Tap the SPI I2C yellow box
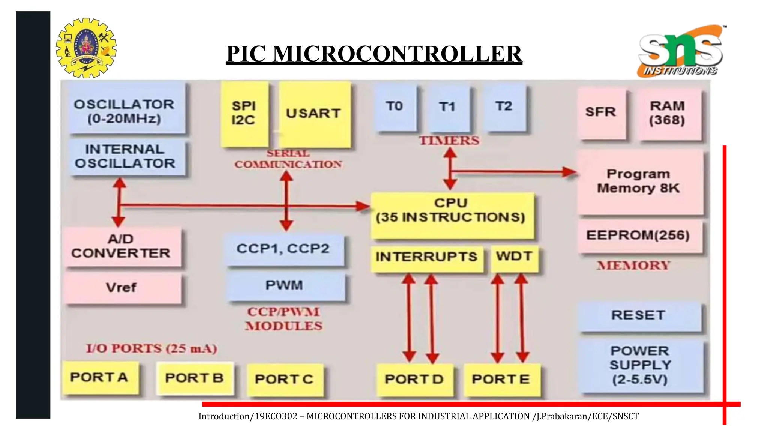tap(244, 114)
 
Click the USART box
tap(314, 114)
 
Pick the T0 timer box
tap(395, 108)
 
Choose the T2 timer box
tap(504, 108)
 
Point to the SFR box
tap(601, 113)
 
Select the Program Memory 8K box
tap(639, 181)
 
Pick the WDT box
tap(514, 258)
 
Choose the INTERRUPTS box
tap(427, 258)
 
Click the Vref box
tap(122, 288)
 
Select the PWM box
tap(285, 286)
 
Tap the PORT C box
tap(285, 379)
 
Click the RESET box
tap(639, 316)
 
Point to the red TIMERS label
tap(449, 141)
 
